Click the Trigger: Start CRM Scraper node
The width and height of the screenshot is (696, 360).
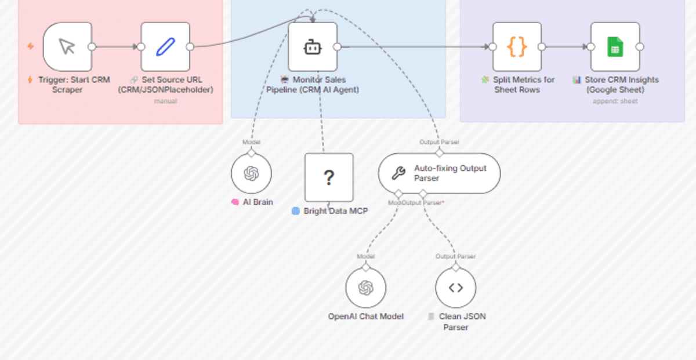67,47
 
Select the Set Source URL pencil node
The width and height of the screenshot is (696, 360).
165,47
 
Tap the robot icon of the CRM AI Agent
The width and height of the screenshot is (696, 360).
313,47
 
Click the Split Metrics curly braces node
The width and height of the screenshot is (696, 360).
517,47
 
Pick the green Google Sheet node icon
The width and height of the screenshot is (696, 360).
615,47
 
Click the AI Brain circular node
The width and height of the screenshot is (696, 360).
251,173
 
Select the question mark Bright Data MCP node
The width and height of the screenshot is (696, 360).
329,177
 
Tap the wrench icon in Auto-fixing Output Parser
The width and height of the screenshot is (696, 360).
398,173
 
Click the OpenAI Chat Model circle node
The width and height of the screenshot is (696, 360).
365,288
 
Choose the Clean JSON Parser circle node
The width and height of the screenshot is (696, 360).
456,288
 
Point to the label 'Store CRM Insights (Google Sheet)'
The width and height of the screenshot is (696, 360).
615,85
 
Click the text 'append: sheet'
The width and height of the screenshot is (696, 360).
615,101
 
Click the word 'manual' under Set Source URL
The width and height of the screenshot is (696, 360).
165,101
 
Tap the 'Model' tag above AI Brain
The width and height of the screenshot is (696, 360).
251,142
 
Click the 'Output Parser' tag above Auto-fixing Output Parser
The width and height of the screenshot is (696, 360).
439,142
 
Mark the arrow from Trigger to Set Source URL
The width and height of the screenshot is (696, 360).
116,47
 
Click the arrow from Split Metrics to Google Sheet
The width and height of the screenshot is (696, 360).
565,47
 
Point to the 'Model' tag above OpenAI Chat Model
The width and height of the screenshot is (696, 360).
365,256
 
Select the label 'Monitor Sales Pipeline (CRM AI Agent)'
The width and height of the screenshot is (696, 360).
313,85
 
